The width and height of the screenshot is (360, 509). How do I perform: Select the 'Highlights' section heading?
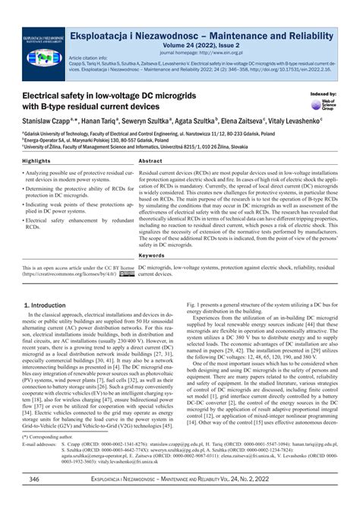pyautogui.click(x=37, y=162)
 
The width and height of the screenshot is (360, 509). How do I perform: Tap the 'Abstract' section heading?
pyautogui.click(x=150, y=162)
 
